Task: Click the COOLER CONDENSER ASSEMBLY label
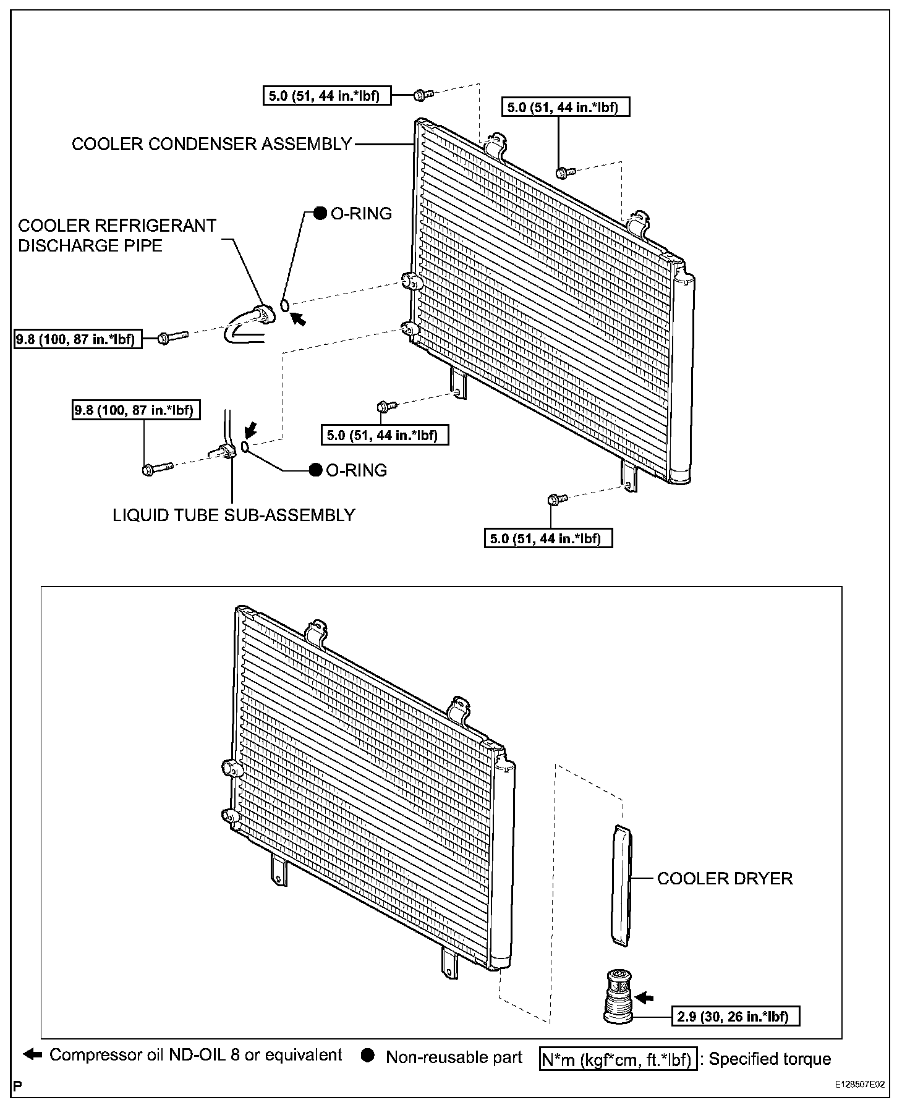point(211,144)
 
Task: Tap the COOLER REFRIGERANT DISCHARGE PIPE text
point(117,235)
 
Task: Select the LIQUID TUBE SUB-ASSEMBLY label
point(234,515)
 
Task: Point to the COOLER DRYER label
point(725,878)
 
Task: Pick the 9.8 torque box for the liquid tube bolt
point(136,410)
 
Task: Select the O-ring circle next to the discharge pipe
point(284,305)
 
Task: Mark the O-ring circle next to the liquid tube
point(245,447)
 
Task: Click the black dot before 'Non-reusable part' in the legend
point(368,1056)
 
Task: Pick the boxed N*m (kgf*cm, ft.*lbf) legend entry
point(618,1058)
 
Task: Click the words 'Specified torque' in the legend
point(770,1058)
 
